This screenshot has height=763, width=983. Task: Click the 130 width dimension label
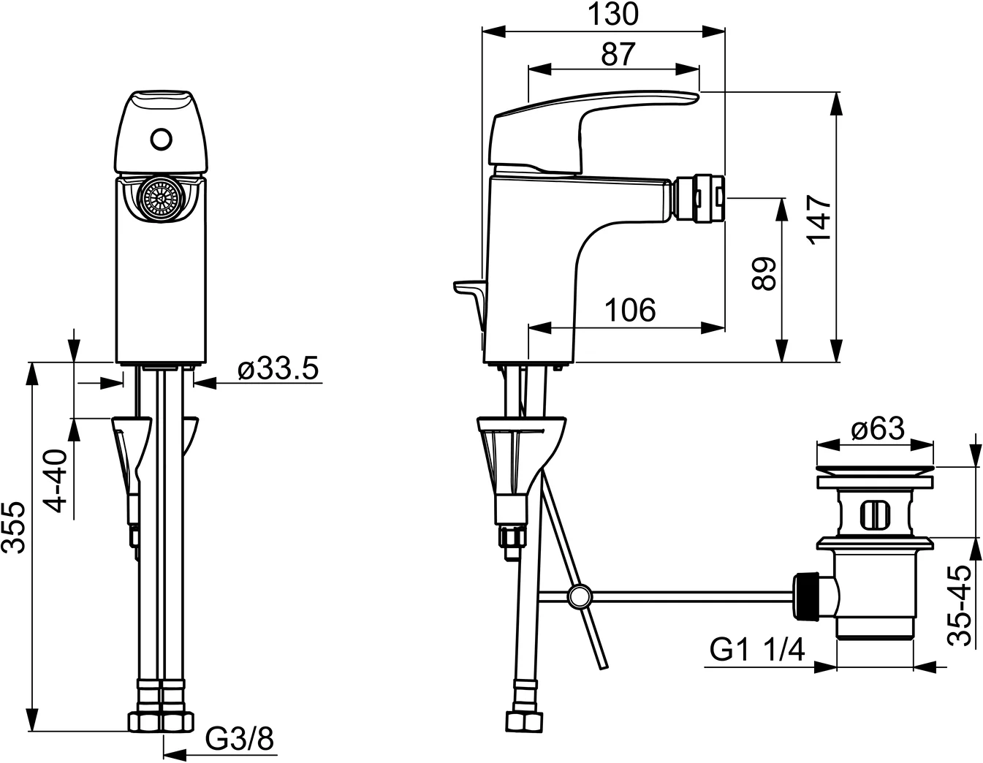coord(613,15)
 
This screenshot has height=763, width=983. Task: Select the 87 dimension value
coord(618,54)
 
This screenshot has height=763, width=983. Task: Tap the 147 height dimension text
coord(820,220)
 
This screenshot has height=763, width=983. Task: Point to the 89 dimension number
coord(764,273)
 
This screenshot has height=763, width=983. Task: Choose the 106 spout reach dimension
coord(630,310)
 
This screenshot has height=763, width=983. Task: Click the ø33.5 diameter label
coord(278,368)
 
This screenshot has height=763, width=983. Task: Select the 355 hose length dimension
coord(13,528)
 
